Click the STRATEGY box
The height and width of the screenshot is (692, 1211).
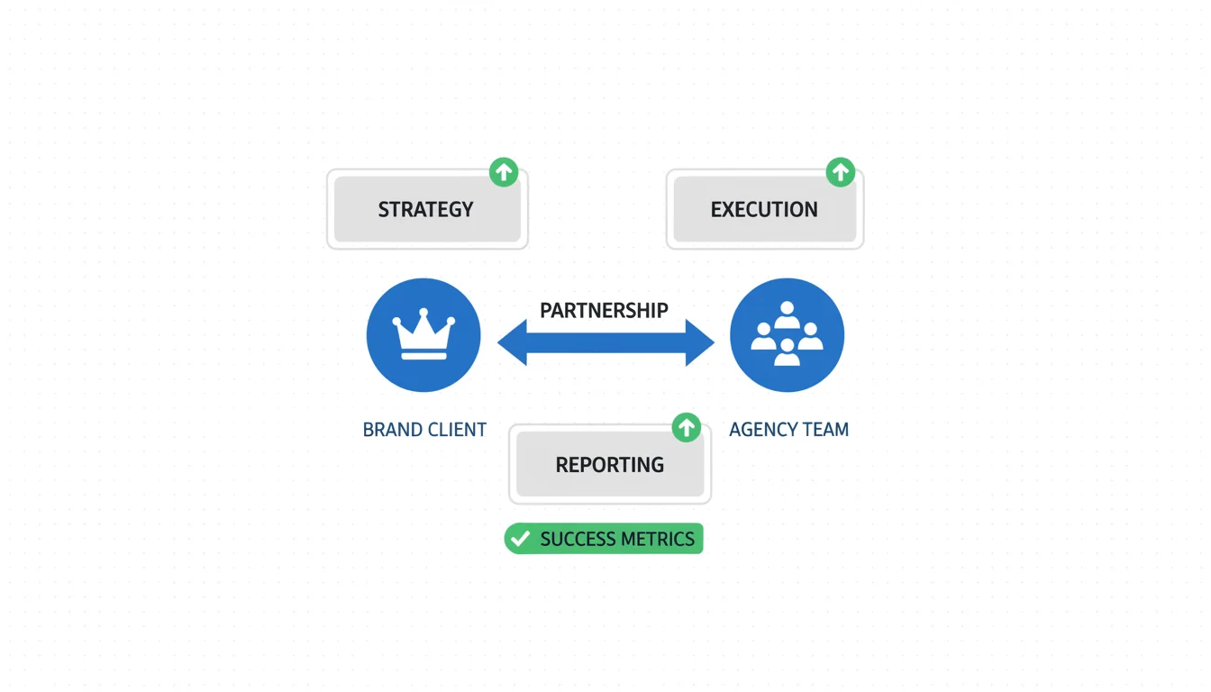pos(426,209)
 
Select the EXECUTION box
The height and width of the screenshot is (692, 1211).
pos(764,209)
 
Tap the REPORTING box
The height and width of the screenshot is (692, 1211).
pos(609,465)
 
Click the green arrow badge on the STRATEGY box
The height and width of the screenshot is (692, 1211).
pos(504,172)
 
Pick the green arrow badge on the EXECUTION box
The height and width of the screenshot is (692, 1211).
pos(841,172)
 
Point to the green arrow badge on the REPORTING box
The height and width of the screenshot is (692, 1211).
pos(687,427)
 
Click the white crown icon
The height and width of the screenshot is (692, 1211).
pos(423,335)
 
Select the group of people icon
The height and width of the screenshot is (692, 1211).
pos(787,335)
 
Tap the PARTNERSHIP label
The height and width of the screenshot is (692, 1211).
pos(604,311)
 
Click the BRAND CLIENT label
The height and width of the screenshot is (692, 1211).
pos(424,430)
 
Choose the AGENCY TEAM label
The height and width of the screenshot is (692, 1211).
pos(788,430)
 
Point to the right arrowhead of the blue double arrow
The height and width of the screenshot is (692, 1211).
pos(699,342)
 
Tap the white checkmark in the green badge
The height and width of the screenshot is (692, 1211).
pos(519,539)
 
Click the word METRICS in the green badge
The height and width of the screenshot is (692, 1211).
pos(657,540)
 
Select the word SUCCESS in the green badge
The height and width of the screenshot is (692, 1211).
pos(578,540)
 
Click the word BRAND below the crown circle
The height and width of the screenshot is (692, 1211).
pos(392,430)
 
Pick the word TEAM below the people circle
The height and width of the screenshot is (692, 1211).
pos(824,430)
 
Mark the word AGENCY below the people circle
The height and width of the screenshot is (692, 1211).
pos(763,430)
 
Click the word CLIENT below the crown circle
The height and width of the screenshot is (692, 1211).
pos(457,430)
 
